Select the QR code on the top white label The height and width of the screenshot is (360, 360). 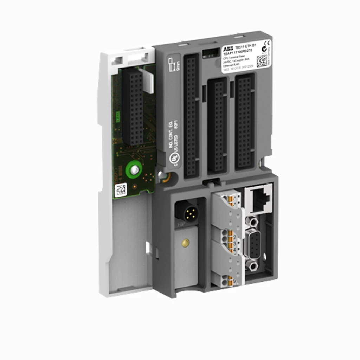262,61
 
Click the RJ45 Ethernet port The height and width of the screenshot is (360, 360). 259,199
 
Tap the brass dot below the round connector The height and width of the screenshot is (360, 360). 186,242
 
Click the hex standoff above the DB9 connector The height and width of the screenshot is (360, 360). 252,221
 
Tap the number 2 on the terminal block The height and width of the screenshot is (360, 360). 235,238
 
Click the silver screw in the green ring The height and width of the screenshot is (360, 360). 134,170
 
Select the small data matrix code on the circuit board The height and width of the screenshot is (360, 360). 121,190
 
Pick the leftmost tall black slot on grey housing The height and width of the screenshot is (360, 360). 192,116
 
